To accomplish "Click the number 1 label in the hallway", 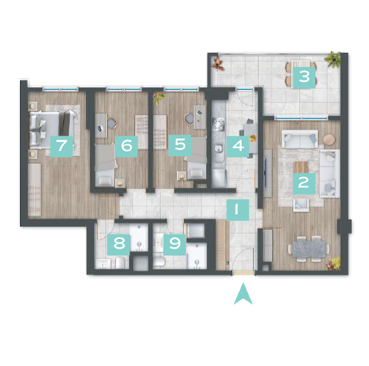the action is (238, 210).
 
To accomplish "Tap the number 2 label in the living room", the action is (304, 184).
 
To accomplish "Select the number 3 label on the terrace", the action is (304, 77).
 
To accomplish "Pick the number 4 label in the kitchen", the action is (238, 146).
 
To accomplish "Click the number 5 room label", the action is (180, 145).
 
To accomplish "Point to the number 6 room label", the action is (126, 146).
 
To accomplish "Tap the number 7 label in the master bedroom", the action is (61, 146).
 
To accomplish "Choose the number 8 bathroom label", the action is (119, 244).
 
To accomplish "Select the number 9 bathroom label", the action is (175, 244).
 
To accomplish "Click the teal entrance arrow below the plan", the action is (243, 295).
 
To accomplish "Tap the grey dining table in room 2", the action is (308, 249).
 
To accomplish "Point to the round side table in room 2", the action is (329, 139).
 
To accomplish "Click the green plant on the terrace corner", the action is (333, 59).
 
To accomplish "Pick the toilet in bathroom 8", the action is (120, 263).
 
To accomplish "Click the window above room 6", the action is (124, 89).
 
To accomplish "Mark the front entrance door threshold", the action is (244, 272).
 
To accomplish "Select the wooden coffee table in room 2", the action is (301, 168).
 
